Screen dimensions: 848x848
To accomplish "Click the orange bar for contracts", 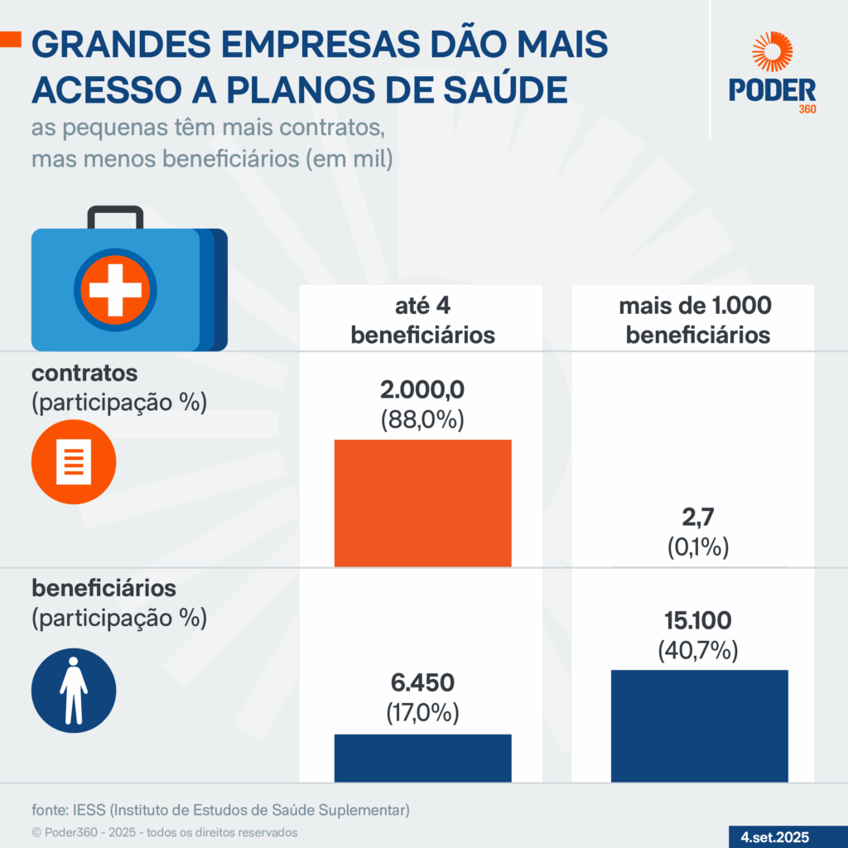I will (x=422, y=503).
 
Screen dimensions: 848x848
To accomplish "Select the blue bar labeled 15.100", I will (x=699, y=725).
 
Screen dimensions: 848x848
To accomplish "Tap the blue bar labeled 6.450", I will (x=422, y=758).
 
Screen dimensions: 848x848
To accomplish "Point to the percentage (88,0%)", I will (x=422, y=419).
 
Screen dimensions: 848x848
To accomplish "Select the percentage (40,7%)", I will (x=698, y=650).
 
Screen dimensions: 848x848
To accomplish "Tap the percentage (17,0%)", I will (x=422, y=713).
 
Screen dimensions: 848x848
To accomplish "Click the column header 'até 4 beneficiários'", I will (x=422, y=320).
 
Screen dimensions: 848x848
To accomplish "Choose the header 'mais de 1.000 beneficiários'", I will (x=696, y=320).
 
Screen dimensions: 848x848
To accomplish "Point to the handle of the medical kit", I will (x=116, y=215).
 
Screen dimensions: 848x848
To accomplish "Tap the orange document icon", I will (x=74, y=461).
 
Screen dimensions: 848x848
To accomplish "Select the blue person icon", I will (x=74, y=690).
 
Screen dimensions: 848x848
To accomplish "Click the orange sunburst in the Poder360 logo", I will (x=772, y=52).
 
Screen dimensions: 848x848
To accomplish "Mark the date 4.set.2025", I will (x=775, y=836).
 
